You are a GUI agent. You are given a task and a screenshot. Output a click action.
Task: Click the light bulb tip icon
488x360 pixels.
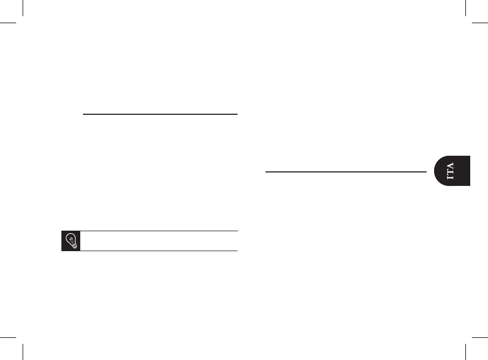[x=71, y=241]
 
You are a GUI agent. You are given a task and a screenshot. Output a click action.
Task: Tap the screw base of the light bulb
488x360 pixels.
[x=73, y=246]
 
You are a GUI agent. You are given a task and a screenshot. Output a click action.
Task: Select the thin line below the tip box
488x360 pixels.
[x=159, y=251]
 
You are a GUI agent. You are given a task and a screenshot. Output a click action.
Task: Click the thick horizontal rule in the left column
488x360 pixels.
[x=160, y=114]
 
